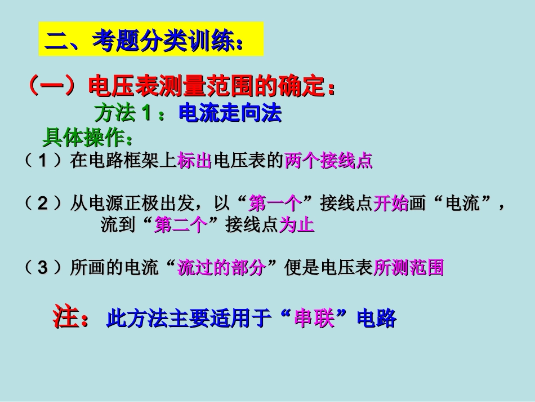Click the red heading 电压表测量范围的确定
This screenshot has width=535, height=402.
point(207,87)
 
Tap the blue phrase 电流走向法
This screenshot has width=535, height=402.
point(230,114)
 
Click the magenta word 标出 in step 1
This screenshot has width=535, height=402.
point(194,162)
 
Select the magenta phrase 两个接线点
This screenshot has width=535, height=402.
point(329,162)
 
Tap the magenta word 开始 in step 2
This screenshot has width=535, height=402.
point(391,204)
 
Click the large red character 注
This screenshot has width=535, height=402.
point(65,317)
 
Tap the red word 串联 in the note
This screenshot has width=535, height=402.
point(314,320)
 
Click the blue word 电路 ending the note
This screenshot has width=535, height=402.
point(377,320)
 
